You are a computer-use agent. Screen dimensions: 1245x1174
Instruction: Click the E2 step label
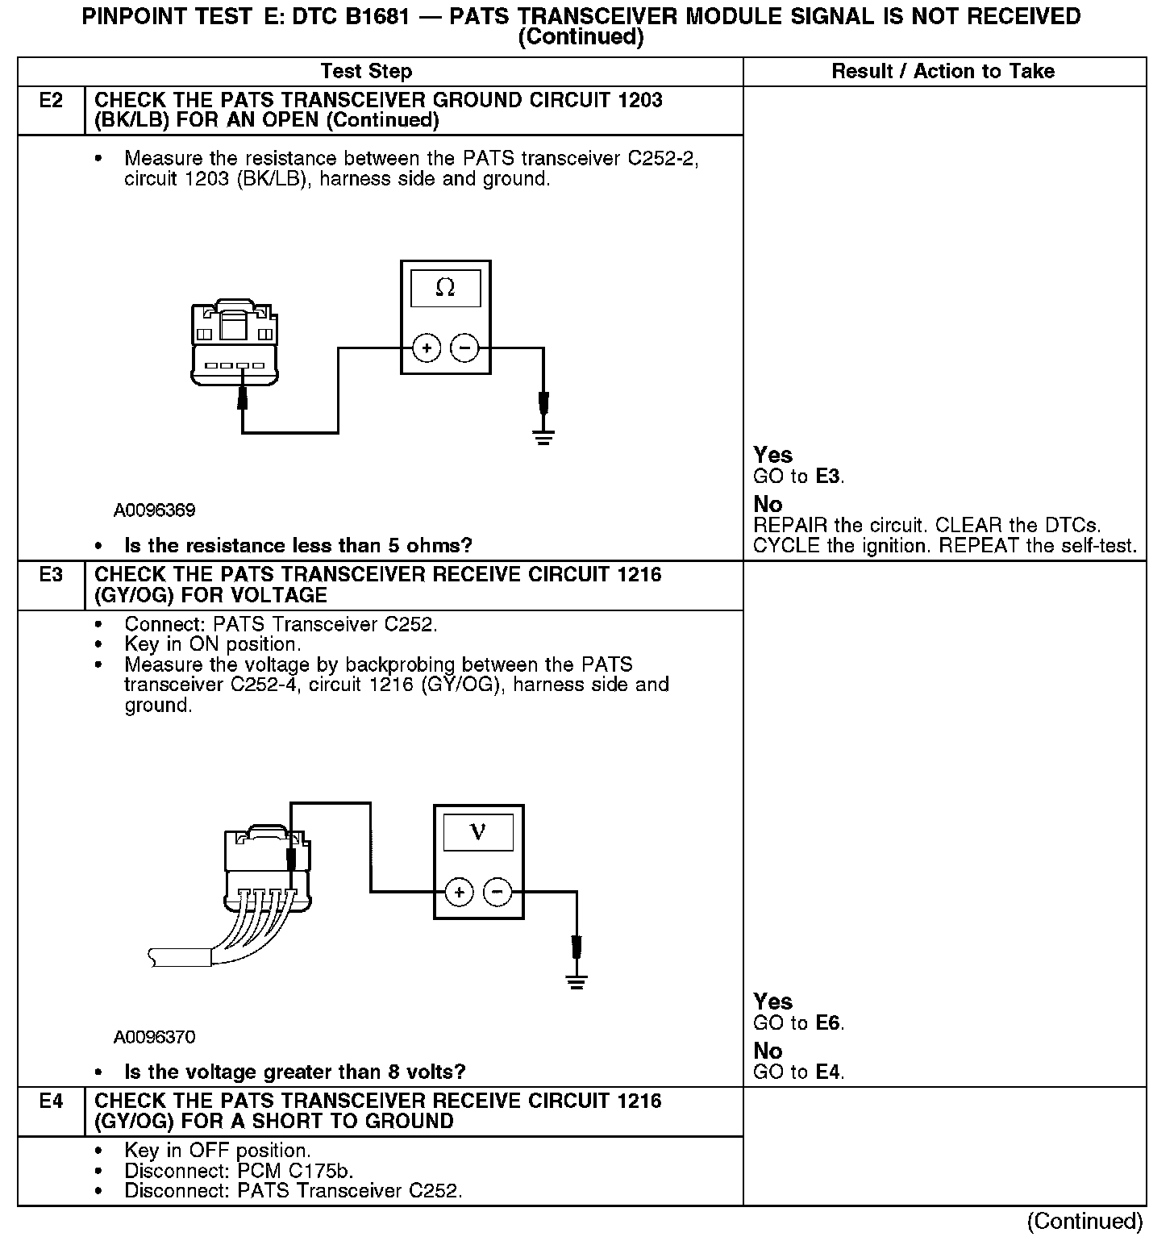tap(50, 101)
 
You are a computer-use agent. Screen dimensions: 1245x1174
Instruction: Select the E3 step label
tap(50, 575)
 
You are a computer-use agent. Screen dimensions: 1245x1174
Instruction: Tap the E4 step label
tap(50, 1101)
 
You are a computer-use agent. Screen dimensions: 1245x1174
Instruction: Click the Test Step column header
tap(366, 71)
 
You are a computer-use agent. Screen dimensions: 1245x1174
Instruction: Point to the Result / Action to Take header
tap(943, 71)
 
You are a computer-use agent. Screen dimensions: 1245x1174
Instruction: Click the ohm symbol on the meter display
tap(445, 288)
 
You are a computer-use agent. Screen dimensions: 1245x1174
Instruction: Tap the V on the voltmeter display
tap(478, 831)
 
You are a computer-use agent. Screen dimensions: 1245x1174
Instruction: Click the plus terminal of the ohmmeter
tap(427, 348)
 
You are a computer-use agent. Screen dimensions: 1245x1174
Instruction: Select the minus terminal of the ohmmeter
tap(464, 348)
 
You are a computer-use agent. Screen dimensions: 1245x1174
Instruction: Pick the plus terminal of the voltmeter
tap(459, 892)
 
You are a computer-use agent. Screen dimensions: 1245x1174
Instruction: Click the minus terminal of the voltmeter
tap(497, 892)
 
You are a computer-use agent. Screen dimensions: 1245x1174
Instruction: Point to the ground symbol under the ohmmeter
tap(544, 438)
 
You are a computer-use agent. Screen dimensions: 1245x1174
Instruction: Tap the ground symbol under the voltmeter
tap(577, 981)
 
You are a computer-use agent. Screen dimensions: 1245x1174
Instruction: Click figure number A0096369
tap(154, 510)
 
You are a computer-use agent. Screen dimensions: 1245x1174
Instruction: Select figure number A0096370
tap(154, 1037)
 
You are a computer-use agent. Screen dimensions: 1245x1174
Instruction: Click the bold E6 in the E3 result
tap(828, 1023)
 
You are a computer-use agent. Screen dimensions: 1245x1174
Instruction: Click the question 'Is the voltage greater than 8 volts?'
tap(295, 1072)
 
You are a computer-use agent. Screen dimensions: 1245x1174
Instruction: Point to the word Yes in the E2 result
tap(772, 455)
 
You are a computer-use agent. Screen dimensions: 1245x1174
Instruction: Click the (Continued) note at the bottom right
tap(1084, 1222)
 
